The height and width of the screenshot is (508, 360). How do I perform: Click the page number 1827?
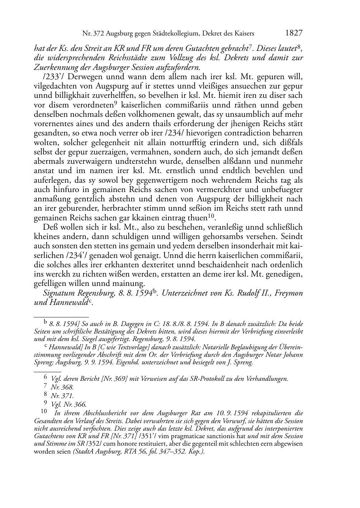click(294, 33)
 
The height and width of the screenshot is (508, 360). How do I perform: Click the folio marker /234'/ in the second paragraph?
click(78, 256)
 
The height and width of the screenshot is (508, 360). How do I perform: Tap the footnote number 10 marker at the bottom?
click(44, 413)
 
